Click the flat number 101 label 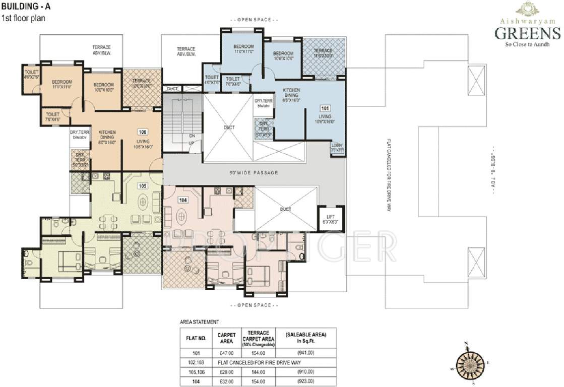click(x=325, y=108)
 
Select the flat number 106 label click(x=142, y=132)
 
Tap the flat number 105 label click(x=143, y=186)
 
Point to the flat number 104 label click(x=183, y=200)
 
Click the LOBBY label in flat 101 click(x=337, y=148)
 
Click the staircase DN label click(x=192, y=136)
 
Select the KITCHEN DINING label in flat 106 click(x=106, y=135)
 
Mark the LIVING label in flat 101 click(x=325, y=116)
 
